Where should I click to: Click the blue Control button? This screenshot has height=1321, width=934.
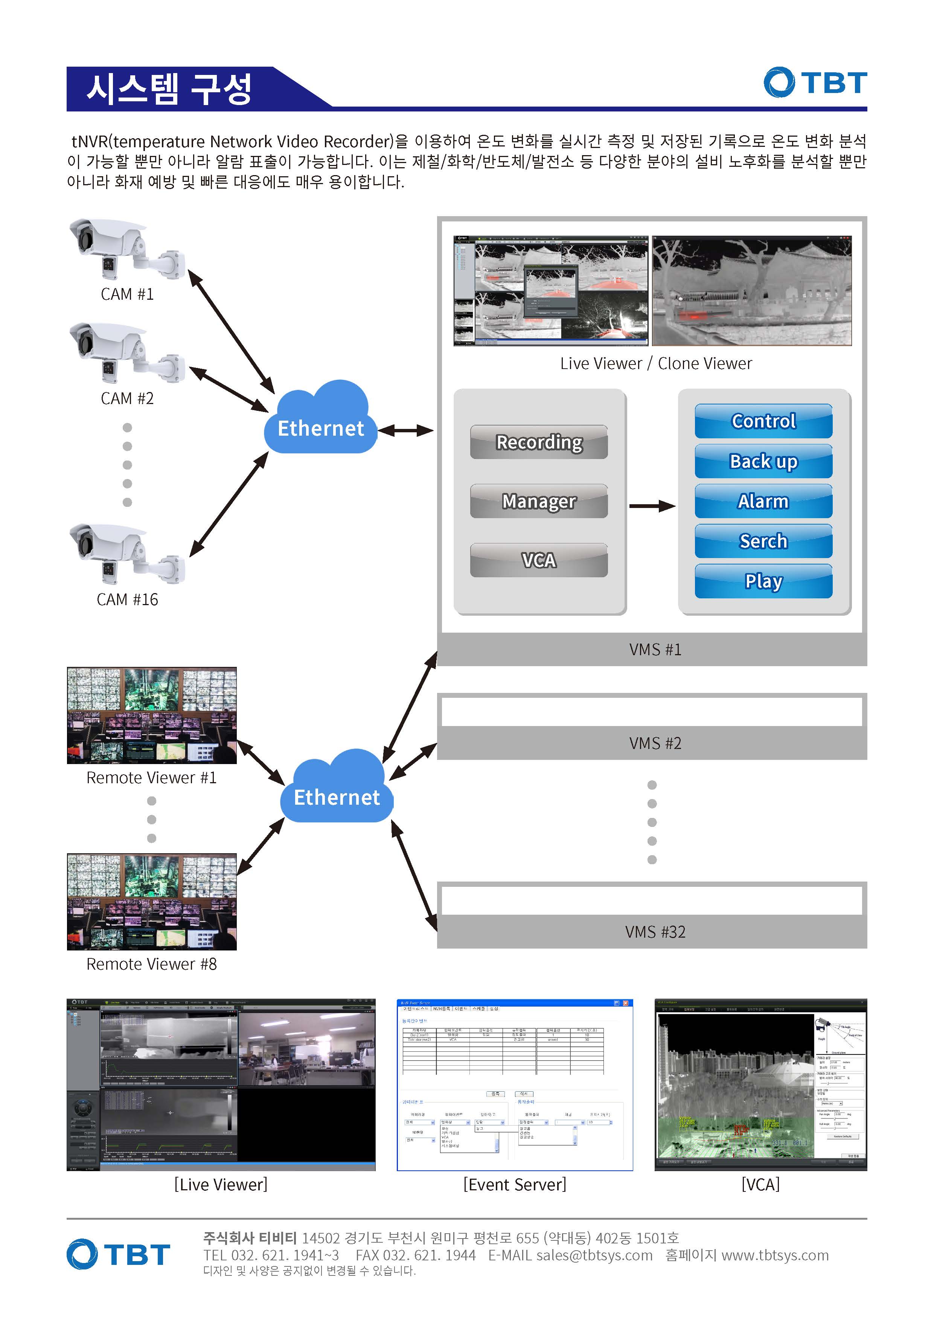[x=763, y=421]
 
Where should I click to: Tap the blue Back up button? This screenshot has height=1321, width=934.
[x=763, y=461]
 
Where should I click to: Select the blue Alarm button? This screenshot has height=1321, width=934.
[x=763, y=501]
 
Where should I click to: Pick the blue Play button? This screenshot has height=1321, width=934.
[x=763, y=581]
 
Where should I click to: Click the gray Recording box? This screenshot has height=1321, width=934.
[x=539, y=442]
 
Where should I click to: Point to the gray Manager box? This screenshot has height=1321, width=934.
[x=539, y=501]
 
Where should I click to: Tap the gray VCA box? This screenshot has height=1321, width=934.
[x=539, y=560]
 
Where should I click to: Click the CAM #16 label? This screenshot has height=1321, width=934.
[x=127, y=599]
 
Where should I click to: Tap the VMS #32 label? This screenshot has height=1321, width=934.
[x=655, y=932]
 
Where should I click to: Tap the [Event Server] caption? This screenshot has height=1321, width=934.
[x=515, y=1185]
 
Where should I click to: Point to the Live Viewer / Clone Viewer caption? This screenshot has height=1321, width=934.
[x=656, y=364]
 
